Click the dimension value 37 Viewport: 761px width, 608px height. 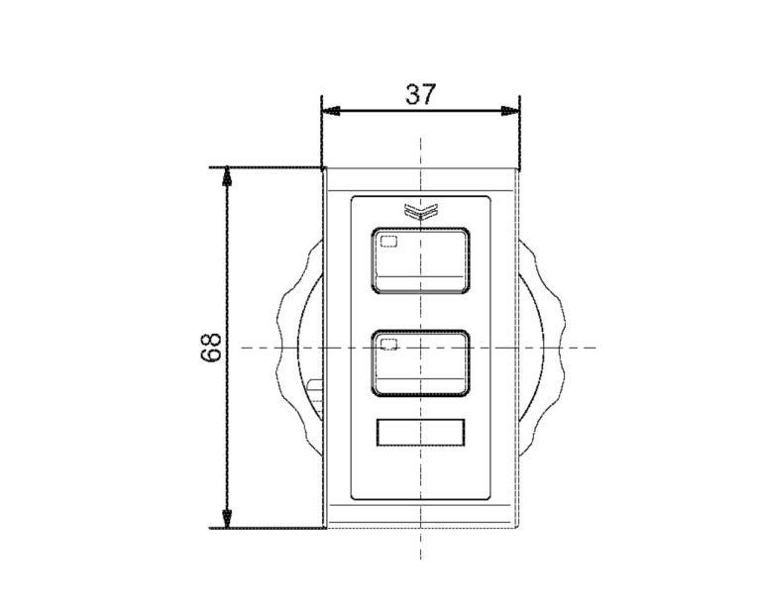click(421, 94)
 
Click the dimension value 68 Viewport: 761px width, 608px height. click(211, 347)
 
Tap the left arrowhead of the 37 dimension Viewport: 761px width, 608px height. click(331, 111)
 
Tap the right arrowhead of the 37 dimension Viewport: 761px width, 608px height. click(510, 111)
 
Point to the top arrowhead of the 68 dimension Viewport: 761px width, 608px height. click(227, 176)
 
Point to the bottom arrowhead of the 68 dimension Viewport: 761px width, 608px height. click(227, 519)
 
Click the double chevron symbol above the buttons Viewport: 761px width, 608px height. click(421, 211)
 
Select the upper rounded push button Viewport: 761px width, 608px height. click(420, 260)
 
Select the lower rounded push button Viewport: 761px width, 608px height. click(420, 363)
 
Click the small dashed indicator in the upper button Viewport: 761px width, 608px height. click(388, 241)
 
